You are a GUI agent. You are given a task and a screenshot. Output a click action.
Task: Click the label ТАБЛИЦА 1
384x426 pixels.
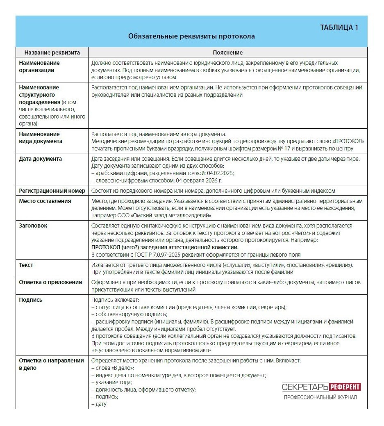[x=339, y=27]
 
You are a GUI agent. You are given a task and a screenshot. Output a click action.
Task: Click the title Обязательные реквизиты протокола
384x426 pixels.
[x=191, y=36]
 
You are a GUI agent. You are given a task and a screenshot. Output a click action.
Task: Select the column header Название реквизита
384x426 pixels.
[x=52, y=52]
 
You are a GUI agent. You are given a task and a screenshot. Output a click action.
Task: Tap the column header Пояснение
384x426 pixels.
[x=227, y=52]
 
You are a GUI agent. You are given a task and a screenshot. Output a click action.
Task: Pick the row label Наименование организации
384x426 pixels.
[x=39, y=66]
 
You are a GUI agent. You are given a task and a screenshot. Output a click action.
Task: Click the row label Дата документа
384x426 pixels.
[x=41, y=159]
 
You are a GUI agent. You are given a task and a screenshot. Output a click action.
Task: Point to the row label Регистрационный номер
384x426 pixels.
[x=52, y=191]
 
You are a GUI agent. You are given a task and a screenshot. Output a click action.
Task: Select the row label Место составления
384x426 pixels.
[x=45, y=201]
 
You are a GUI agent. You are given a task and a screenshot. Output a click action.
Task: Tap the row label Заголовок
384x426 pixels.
[x=33, y=226]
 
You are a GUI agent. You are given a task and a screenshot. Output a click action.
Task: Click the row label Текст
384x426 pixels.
[x=26, y=265]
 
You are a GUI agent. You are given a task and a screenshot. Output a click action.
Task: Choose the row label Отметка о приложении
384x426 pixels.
[x=50, y=282]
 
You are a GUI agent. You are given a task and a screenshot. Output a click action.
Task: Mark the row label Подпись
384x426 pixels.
[x=31, y=300]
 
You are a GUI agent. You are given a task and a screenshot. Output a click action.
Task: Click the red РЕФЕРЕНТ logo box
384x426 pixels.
[x=345, y=387]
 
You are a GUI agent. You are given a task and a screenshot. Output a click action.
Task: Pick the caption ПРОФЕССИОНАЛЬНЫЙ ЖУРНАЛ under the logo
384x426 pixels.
[x=320, y=397]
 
